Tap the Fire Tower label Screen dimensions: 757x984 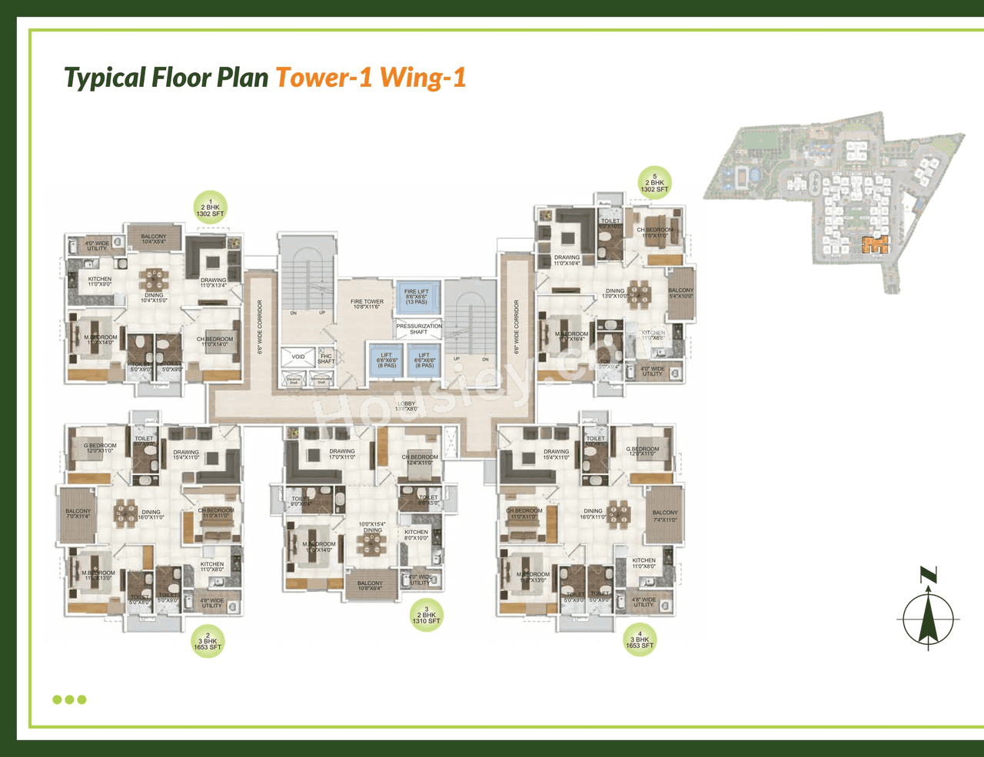[x=367, y=304]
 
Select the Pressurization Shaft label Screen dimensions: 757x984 [x=419, y=329]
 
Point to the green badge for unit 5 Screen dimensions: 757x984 [x=654, y=183]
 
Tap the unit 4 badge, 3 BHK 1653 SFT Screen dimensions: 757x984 [x=640, y=639]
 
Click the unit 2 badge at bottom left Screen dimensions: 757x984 [x=208, y=642]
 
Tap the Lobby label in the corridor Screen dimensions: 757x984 [x=406, y=406]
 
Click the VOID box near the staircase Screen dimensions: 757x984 [x=298, y=357]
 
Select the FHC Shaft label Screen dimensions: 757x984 [x=326, y=359]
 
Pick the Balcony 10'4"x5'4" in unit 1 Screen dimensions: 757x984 [x=154, y=239]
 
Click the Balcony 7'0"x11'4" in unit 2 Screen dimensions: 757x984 [x=78, y=514]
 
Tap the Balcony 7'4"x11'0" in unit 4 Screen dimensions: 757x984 [x=665, y=516]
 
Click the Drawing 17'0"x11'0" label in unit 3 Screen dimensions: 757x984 [x=342, y=454]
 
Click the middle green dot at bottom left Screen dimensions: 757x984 [x=69, y=699]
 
